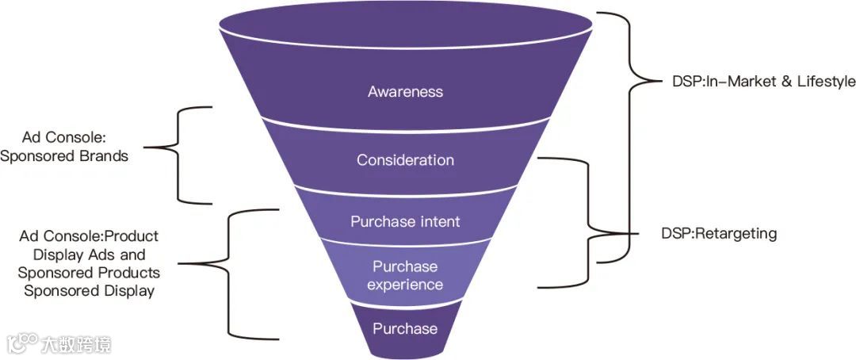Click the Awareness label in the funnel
coord(405,92)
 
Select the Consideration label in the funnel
coord(405,160)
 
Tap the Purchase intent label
coord(405,221)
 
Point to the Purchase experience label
coord(405,275)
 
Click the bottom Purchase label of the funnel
coord(405,328)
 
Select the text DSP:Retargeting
coord(719,234)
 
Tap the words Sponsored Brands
coord(64,156)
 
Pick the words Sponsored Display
coord(89,291)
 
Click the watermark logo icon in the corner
coord(22,343)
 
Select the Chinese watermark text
coord(77,344)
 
